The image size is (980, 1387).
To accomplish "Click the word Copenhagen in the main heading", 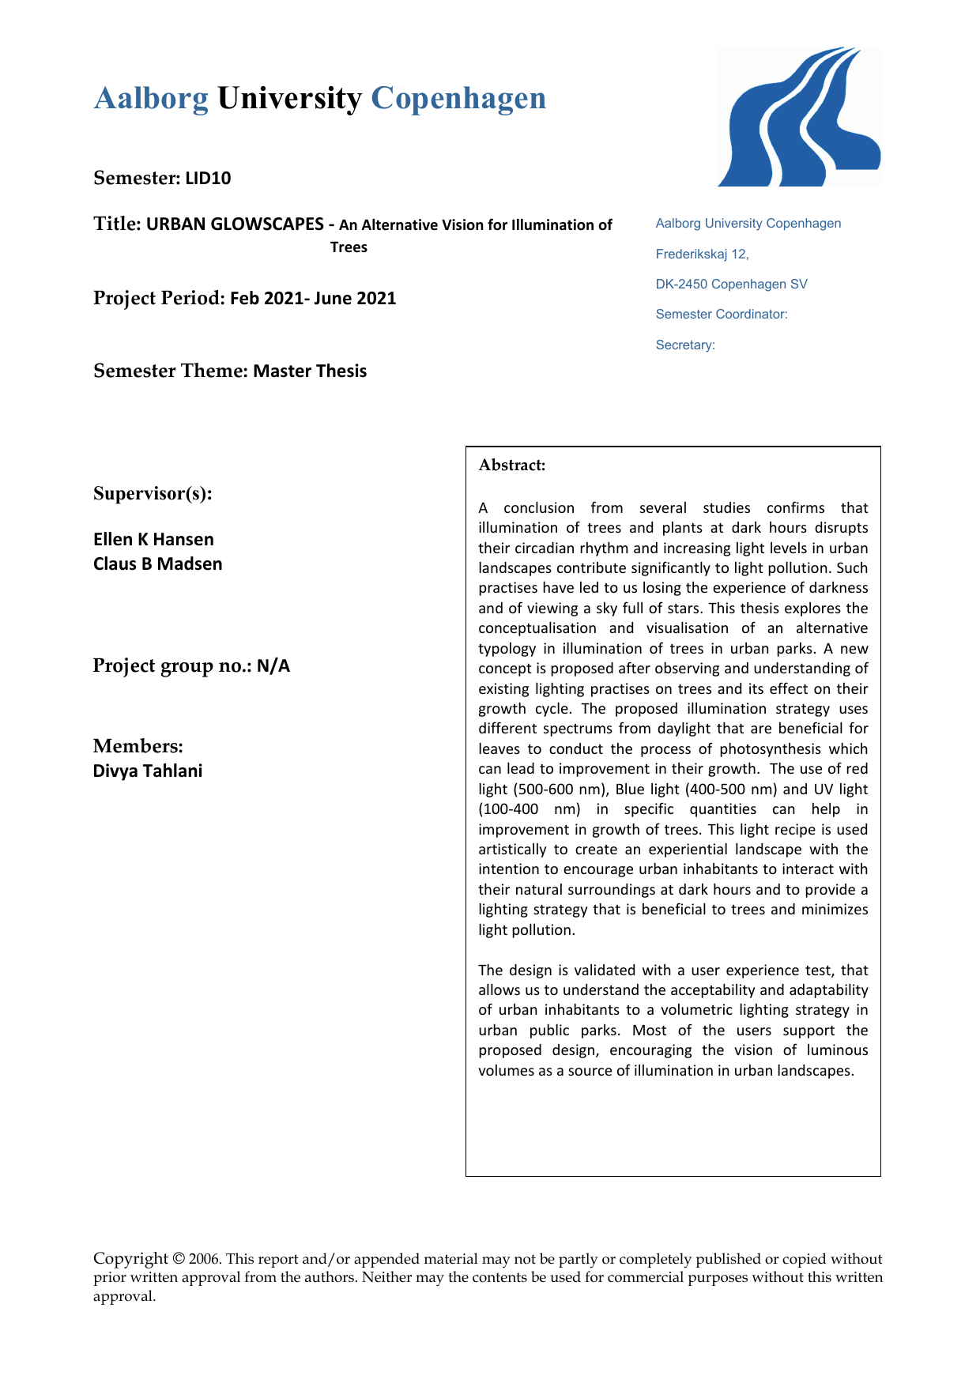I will (458, 99).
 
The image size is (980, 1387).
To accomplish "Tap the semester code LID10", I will (208, 179).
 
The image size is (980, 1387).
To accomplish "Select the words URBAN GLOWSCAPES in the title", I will (235, 224).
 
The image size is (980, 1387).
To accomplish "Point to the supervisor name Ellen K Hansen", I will (153, 540).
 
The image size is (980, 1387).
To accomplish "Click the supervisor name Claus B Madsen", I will (157, 564).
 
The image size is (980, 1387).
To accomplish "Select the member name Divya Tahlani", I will (148, 771).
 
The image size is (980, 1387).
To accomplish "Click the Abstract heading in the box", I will (512, 465).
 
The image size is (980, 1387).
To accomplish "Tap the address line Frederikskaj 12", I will (702, 254).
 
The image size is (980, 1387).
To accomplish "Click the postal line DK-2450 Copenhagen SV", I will (731, 285).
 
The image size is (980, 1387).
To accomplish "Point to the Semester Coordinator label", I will (721, 315).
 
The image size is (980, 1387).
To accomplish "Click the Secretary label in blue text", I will (685, 345).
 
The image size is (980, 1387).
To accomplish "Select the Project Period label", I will (159, 299).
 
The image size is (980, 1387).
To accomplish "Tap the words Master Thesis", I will (310, 371).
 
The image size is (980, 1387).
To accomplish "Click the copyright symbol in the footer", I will (179, 1259).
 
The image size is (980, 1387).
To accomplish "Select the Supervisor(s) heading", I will (153, 494).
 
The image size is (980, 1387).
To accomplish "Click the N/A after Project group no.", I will (273, 666).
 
